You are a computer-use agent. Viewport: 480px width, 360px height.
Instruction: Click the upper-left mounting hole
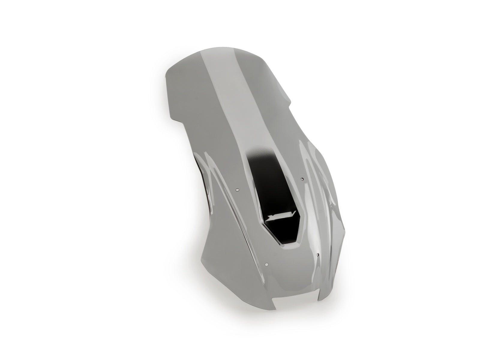pyautogui.click(x=237, y=190)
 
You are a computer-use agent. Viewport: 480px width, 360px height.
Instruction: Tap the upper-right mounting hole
pyautogui.click(x=302, y=179)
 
